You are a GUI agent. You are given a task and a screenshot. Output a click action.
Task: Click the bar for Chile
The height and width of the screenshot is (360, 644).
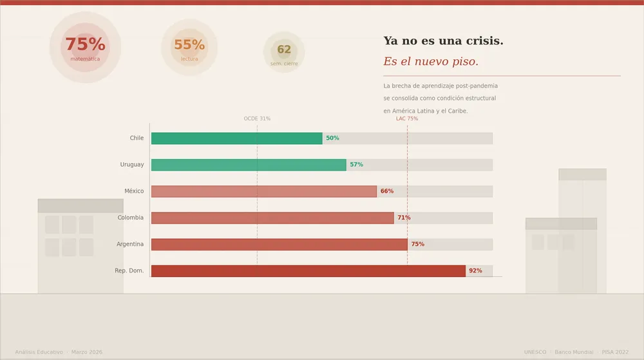pos(236,138)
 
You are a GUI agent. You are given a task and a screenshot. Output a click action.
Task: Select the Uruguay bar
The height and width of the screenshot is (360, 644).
pos(249,165)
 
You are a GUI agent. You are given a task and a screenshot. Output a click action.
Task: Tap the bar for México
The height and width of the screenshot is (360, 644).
pos(263,191)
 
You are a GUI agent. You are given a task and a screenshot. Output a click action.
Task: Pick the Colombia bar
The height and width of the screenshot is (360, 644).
pos(272,218)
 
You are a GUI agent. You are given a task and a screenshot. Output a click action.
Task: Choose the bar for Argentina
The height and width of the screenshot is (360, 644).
pos(279,244)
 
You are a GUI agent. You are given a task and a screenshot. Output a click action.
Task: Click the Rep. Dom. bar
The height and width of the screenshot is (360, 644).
pos(308,271)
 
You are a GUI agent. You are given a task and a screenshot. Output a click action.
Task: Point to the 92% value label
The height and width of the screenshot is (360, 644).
pos(475,271)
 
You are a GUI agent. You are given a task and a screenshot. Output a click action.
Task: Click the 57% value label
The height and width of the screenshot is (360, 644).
pos(356,165)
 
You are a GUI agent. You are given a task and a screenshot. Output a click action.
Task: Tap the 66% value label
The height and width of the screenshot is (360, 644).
pos(386,191)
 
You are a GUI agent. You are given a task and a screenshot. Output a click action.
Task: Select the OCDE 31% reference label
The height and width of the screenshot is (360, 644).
pos(257,118)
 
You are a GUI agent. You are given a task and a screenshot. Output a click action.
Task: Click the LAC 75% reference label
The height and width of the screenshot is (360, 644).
pos(407,118)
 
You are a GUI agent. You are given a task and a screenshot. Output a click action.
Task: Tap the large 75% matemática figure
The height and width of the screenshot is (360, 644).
pos(85,44)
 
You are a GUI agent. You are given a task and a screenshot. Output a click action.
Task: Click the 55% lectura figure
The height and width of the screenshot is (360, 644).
pos(189,45)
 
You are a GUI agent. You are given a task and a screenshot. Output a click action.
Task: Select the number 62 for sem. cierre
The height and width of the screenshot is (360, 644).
pos(284,50)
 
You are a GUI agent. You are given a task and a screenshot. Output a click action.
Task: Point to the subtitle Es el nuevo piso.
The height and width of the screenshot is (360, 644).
pos(431,62)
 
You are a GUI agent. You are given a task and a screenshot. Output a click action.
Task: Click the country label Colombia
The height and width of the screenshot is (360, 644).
pos(130,218)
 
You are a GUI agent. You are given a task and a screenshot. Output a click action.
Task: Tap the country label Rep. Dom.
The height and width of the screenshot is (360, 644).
pos(129,271)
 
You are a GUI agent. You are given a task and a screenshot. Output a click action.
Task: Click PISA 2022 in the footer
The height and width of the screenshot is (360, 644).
pos(615,352)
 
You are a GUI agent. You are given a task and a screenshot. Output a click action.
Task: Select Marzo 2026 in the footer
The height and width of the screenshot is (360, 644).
pos(87,352)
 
